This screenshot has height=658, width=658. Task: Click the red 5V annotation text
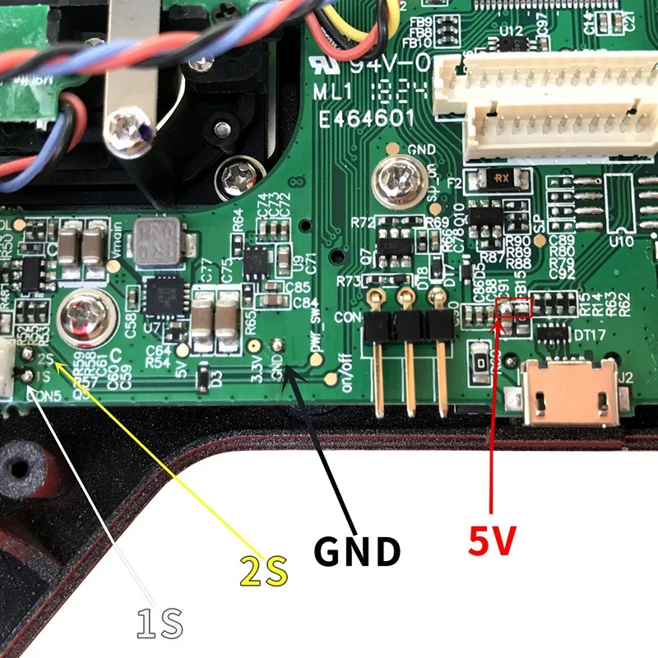click(x=492, y=541)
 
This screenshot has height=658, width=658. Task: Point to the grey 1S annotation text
click(x=160, y=623)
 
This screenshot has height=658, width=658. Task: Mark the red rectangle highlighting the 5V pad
click(x=517, y=309)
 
